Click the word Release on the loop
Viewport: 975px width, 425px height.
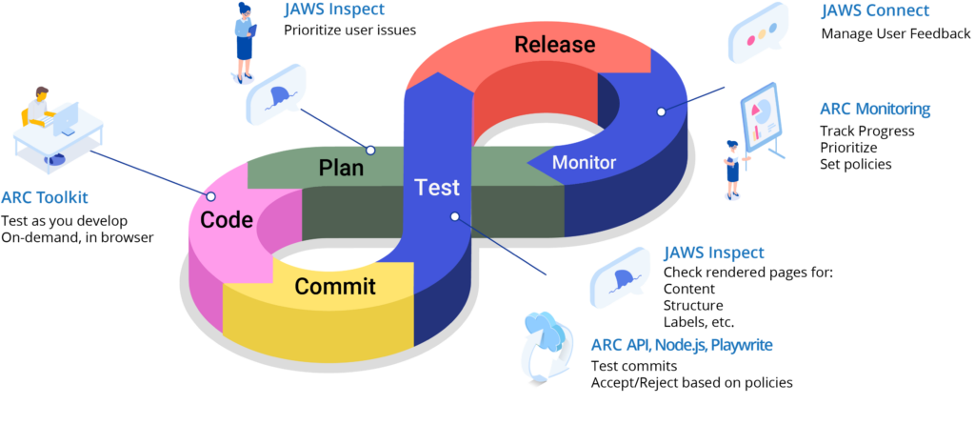(x=554, y=45)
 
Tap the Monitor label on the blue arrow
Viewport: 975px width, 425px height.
(x=584, y=163)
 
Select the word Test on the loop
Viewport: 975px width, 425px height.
(x=437, y=188)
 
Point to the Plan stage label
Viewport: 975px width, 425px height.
(x=341, y=169)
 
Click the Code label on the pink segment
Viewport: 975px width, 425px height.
(x=227, y=221)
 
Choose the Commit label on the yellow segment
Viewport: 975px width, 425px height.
(x=334, y=287)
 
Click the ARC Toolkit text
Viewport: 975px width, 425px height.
(x=44, y=198)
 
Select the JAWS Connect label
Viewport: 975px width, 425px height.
(x=875, y=11)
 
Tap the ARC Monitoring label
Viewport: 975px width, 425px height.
(x=874, y=109)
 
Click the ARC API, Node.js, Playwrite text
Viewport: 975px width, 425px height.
(x=681, y=345)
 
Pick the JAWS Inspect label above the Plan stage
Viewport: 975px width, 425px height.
(x=334, y=10)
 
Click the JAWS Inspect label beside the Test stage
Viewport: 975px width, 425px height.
(x=713, y=253)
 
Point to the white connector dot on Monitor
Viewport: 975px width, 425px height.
(x=661, y=111)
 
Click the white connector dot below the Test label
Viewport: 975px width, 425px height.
(x=455, y=216)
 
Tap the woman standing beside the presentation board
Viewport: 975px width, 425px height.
(x=732, y=170)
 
